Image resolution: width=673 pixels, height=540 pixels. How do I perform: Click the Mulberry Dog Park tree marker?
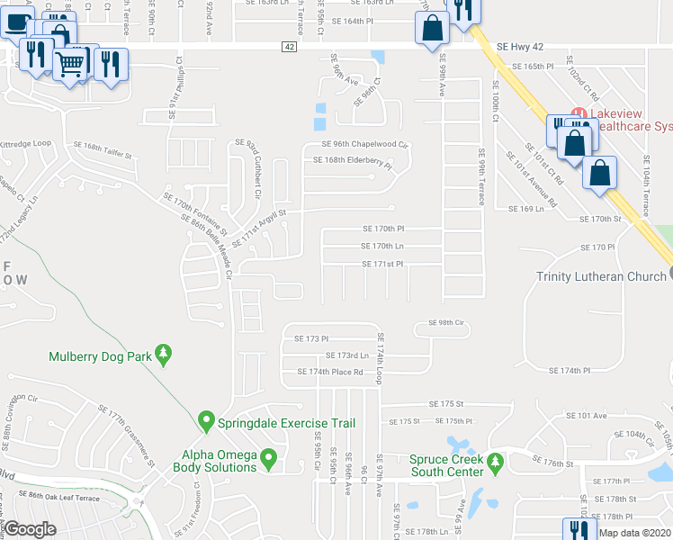(x=163, y=355)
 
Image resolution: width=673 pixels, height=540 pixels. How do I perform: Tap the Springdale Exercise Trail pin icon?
(x=206, y=421)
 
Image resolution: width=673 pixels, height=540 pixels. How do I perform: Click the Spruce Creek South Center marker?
(x=495, y=463)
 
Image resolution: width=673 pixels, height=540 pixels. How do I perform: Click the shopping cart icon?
(x=71, y=63)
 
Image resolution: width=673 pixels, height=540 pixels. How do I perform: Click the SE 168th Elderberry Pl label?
(x=352, y=162)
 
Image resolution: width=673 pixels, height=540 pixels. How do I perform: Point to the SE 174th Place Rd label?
(x=329, y=372)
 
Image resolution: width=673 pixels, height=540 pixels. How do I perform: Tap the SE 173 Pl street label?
(x=307, y=338)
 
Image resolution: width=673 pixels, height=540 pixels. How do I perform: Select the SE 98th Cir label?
(x=445, y=322)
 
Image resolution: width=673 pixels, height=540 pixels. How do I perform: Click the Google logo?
(x=30, y=529)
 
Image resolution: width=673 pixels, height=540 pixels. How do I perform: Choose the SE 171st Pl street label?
(x=382, y=264)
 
